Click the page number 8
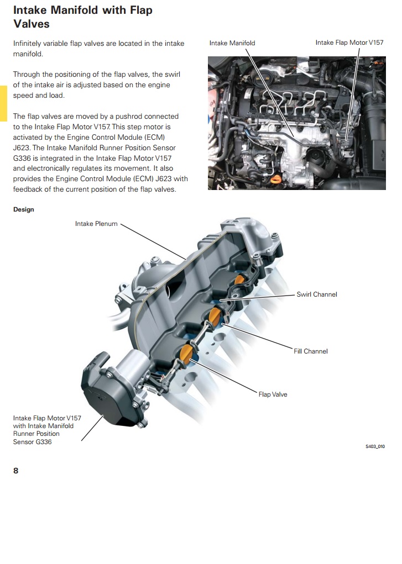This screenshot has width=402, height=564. click(x=16, y=471)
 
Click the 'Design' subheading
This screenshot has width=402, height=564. click(x=24, y=210)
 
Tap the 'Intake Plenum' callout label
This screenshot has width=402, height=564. click(x=96, y=224)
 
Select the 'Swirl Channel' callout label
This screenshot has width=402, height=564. click(x=317, y=294)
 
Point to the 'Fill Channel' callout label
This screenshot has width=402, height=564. click(x=311, y=351)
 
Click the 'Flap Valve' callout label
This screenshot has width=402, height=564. click(x=273, y=394)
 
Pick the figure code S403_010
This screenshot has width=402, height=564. click(x=375, y=446)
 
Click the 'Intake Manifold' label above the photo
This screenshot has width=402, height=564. click(x=232, y=43)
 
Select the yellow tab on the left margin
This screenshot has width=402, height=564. click(x=3, y=103)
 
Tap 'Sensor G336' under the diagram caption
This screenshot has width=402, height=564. click(x=33, y=442)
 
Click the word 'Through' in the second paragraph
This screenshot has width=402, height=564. click(x=27, y=74)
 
